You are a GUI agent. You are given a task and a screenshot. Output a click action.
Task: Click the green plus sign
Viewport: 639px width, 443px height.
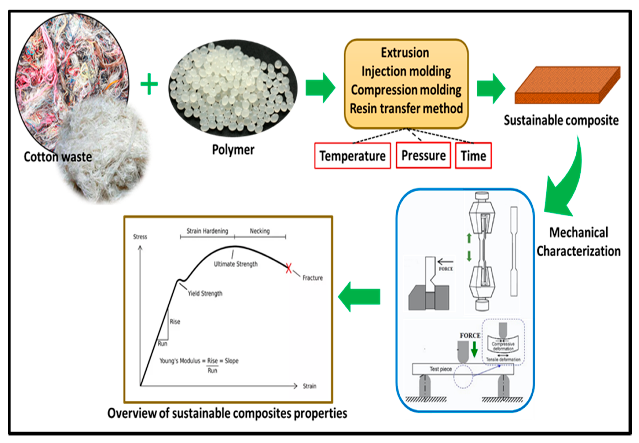pyautogui.click(x=149, y=84)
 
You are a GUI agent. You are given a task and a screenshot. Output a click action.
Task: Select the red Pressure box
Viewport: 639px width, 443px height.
pyautogui.click(x=423, y=155)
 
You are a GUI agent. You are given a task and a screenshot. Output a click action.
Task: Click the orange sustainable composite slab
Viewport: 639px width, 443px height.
pyautogui.click(x=566, y=85)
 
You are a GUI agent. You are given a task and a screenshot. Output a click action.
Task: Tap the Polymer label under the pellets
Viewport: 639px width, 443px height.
pyautogui.click(x=233, y=150)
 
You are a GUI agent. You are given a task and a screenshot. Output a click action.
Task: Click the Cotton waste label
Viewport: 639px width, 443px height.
pyautogui.click(x=58, y=157)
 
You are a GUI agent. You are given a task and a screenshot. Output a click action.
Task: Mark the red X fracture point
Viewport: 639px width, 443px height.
pyautogui.click(x=288, y=268)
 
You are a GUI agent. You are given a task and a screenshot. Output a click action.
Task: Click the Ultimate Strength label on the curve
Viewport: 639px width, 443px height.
pyautogui.click(x=235, y=264)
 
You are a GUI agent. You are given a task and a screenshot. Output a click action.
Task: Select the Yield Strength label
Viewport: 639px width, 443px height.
pyautogui.click(x=205, y=293)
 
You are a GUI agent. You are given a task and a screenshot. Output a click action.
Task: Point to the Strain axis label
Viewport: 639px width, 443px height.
pyautogui.click(x=309, y=386)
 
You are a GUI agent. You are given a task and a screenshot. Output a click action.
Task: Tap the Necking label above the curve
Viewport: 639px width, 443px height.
pyautogui.click(x=259, y=231)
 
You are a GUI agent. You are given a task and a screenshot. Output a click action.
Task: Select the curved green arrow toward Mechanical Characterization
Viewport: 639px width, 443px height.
pyautogui.click(x=566, y=180)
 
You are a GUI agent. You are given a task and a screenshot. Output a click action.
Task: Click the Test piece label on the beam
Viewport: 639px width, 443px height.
pyautogui.click(x=441, y=369)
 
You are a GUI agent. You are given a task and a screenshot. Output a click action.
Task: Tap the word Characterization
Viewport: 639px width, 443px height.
pyautogui.click(x=579, y=251)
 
